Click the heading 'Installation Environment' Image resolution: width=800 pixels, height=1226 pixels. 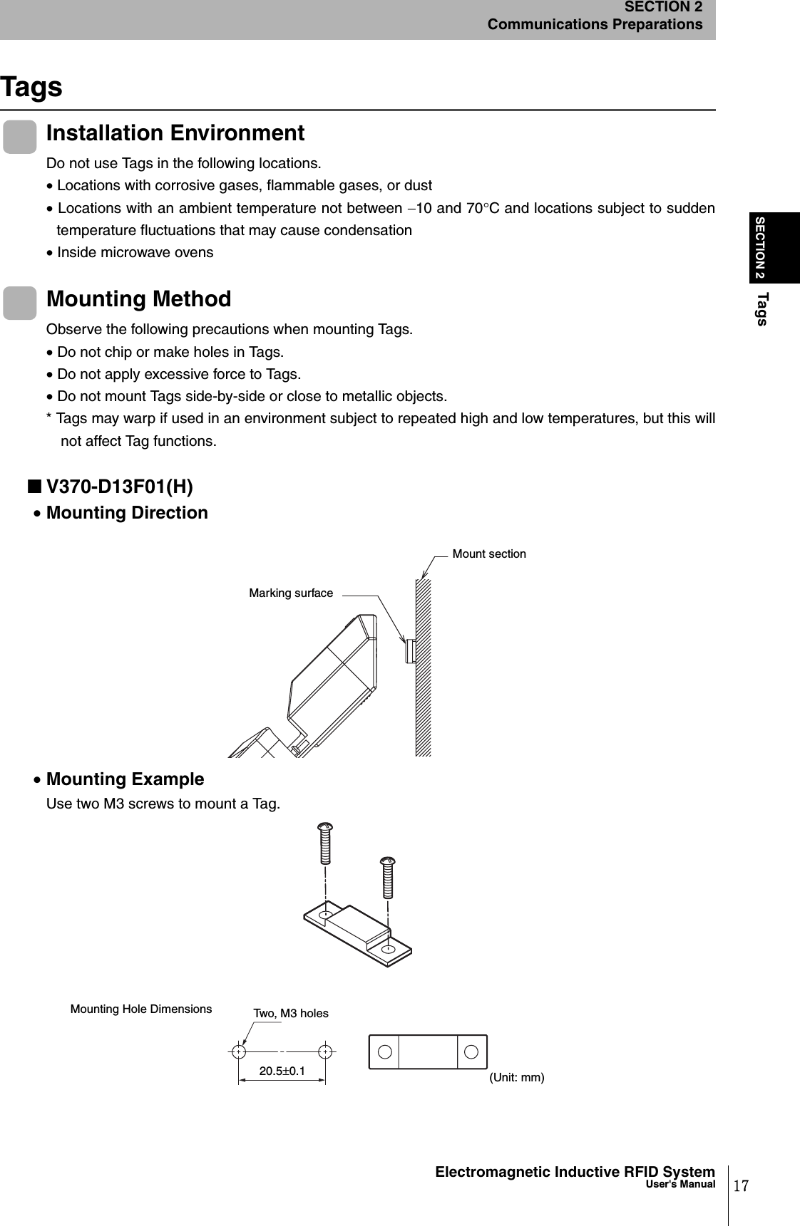[175, 133]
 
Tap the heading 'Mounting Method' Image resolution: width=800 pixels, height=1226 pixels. [139, 299]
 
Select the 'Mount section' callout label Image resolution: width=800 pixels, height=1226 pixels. [489, 554]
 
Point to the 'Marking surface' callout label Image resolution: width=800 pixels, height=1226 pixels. [291, 593]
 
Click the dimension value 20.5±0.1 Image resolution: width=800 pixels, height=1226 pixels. [282, 1071]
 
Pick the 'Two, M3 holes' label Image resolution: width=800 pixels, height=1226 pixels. [291, 1013]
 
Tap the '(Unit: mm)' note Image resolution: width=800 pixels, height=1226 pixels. [517, 1077]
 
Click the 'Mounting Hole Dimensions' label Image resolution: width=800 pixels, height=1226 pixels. [141, 1009]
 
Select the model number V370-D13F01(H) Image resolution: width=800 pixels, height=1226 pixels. [119, 487]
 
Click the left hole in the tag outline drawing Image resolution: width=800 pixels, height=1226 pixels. [384, 1052]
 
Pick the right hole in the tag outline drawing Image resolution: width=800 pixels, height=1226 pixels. [471, 1052]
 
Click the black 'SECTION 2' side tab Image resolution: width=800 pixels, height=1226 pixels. [760, 246]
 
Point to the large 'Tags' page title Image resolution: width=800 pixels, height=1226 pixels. [31, 87]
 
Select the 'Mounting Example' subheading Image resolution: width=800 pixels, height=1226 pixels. [125, 779]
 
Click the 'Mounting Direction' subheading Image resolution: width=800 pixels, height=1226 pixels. [127, 513]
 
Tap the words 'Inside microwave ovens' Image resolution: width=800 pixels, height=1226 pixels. [135, 252]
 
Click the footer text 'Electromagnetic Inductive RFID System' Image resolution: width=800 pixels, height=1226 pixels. [575, 1172]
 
